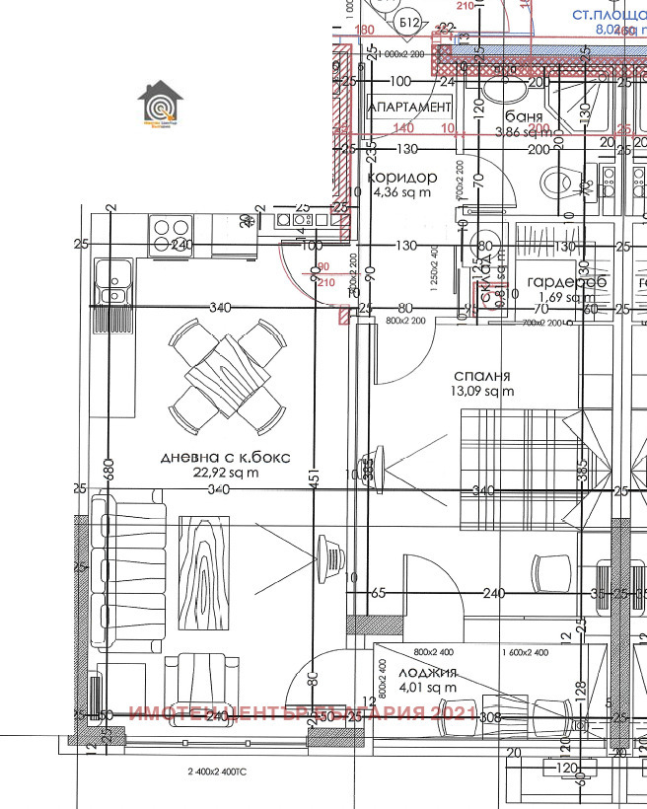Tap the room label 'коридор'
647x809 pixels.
click(x=401, y=177)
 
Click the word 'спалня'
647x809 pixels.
click(x=481, y=376)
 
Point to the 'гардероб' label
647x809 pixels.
click(x=564, y=282)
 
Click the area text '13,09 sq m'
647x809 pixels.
click(x=481, y=392)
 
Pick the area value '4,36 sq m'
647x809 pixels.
click(x=401, y=192)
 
